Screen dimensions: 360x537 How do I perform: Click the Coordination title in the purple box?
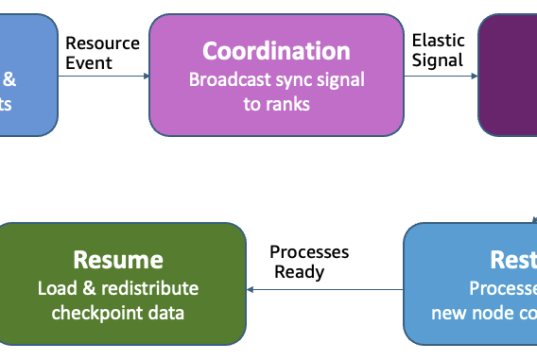(277, 51)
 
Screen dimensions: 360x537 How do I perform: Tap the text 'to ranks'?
(276, 102)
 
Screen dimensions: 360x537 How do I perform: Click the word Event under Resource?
(89, 62)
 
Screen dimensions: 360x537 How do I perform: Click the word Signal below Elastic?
(437, 60)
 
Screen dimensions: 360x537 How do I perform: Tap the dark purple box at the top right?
(507, 74)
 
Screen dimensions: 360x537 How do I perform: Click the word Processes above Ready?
(309, 252)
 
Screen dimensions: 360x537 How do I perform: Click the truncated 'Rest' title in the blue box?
(512, 260)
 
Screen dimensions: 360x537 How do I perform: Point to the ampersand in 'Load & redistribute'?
(85, 289)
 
